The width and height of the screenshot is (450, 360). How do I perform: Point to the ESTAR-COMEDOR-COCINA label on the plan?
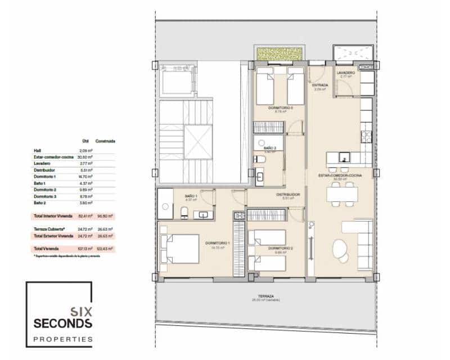(x=340, y=175)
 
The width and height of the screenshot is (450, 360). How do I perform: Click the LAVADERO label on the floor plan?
(x=345, y=73)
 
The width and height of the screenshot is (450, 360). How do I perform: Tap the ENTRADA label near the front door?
(x=320, y=85)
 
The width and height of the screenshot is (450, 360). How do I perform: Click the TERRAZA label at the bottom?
(x=267, y=296)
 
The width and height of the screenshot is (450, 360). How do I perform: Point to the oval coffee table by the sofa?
(x=341, y=247)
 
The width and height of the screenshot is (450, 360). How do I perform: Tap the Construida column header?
(x=105, y=141)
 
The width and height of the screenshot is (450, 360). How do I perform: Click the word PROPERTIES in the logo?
(x=62, y=339)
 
